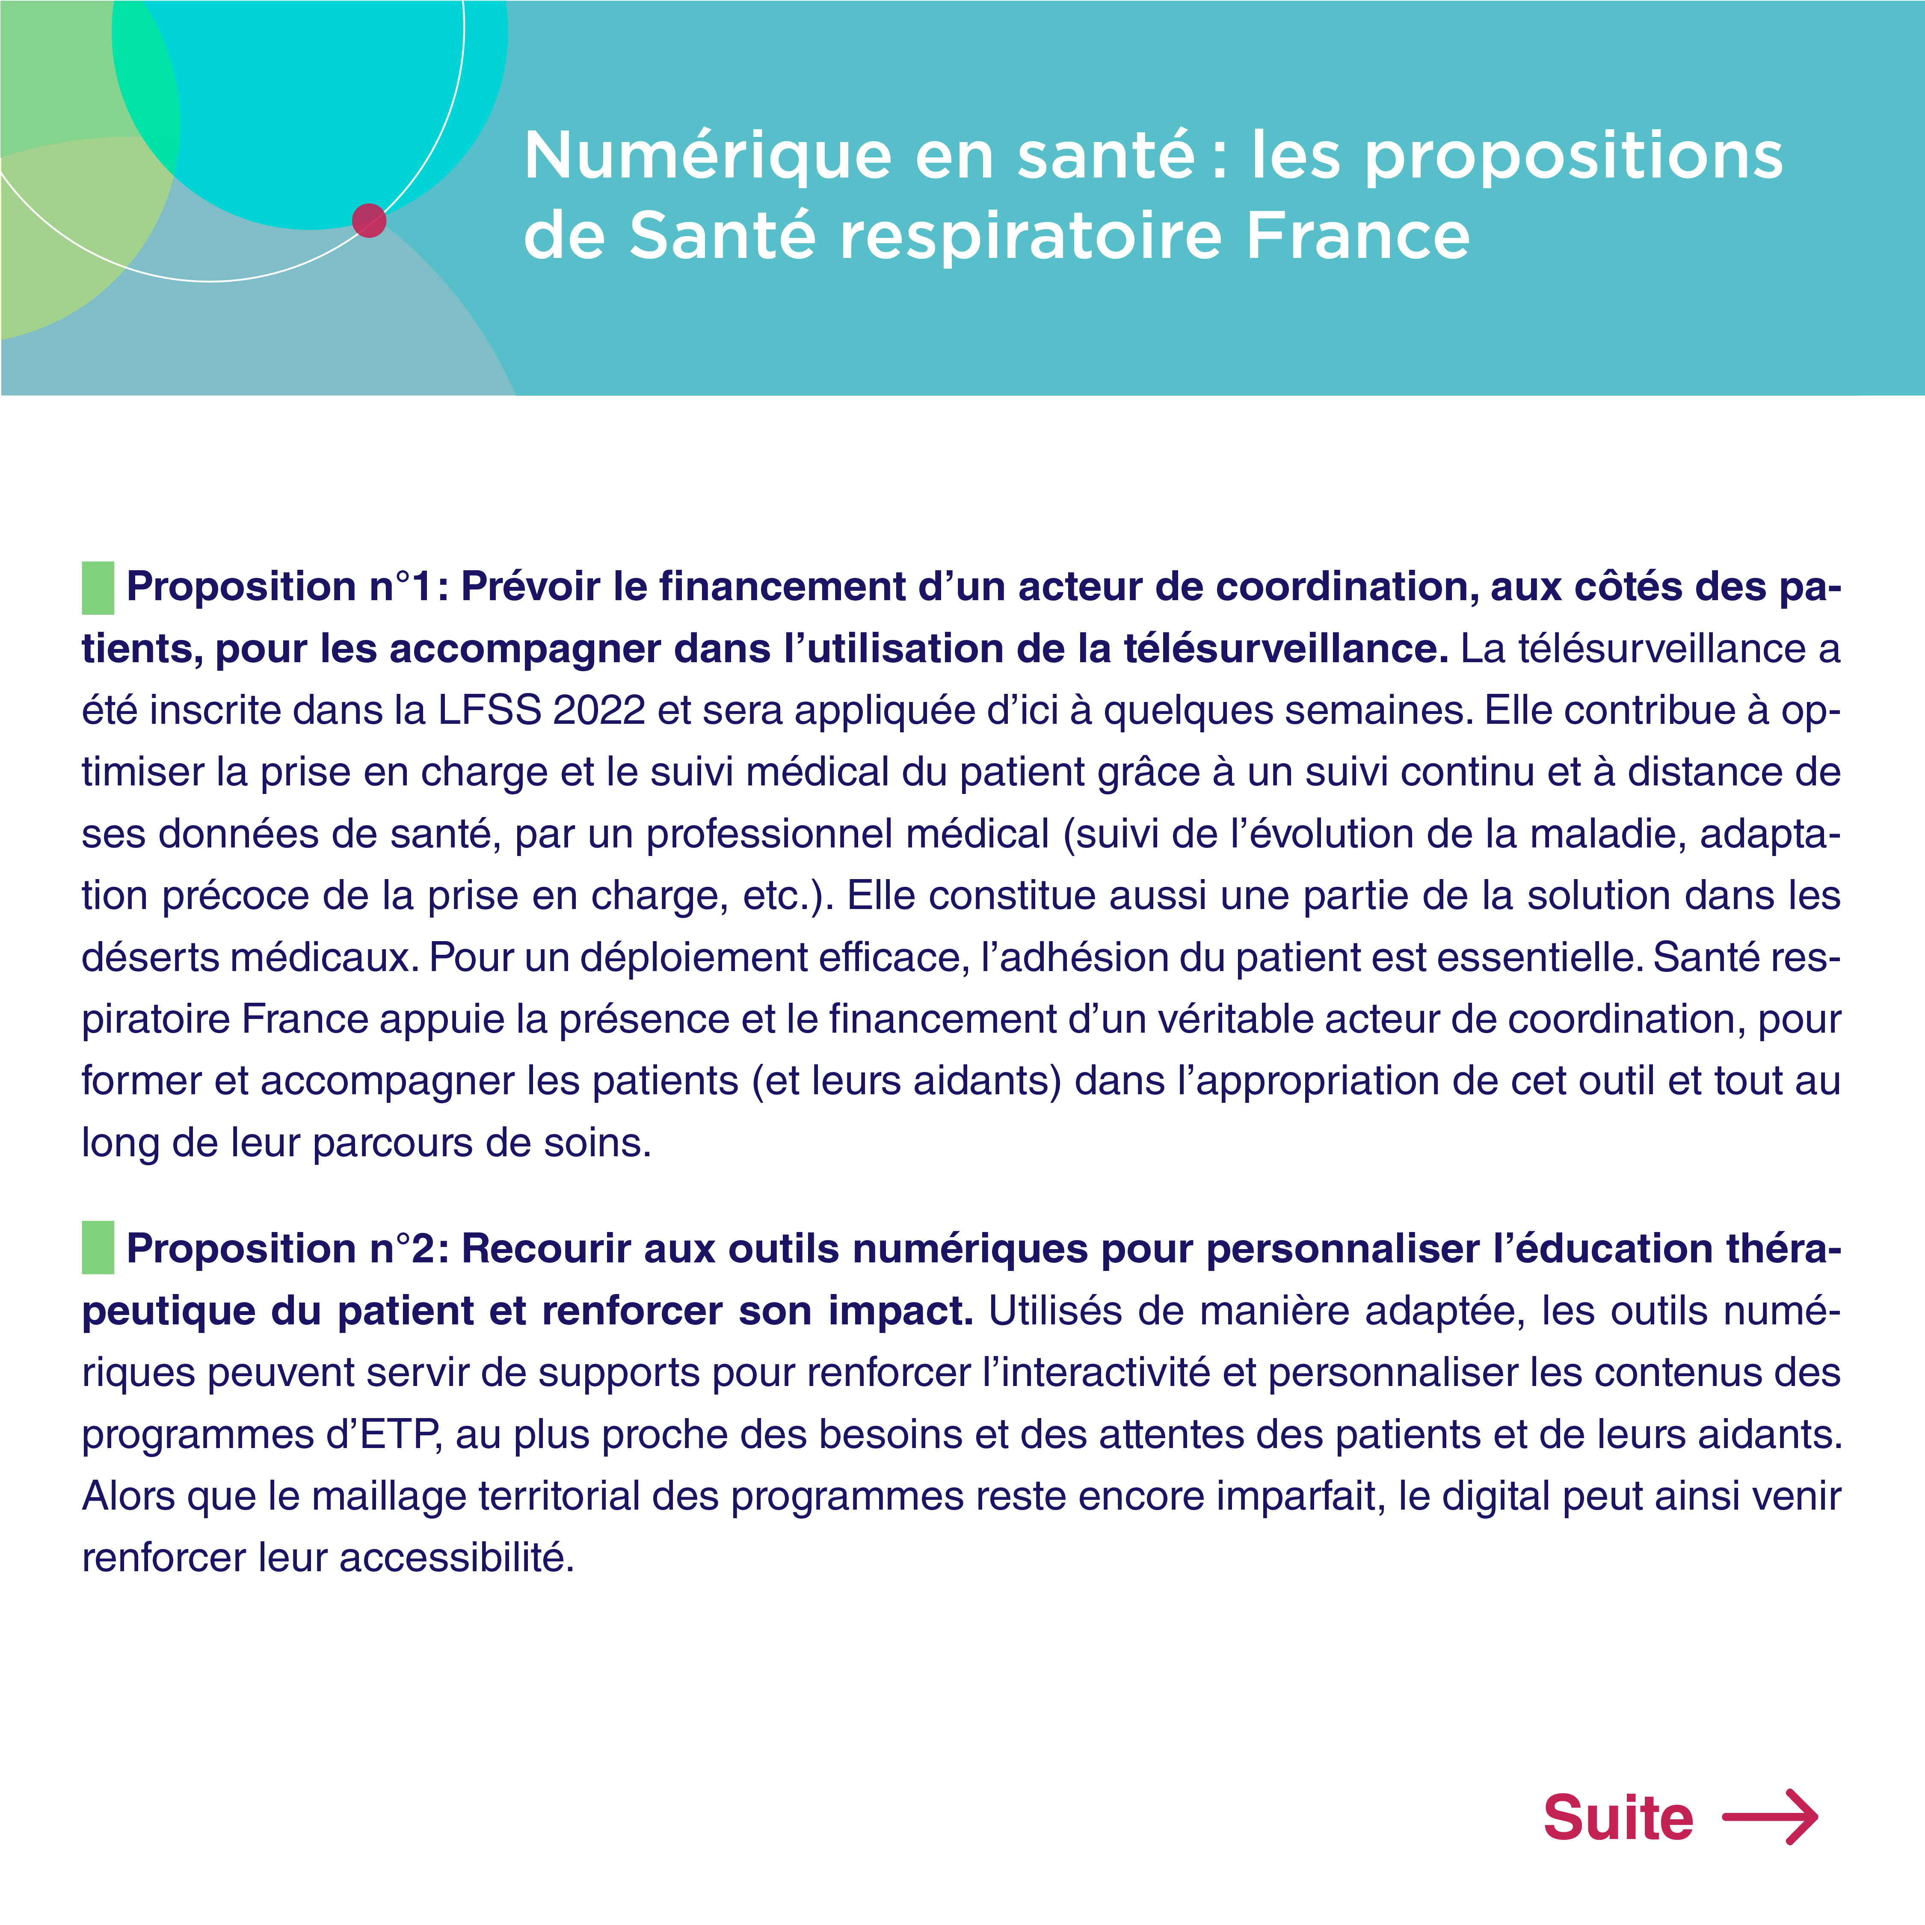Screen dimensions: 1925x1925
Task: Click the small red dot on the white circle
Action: coord(369,220)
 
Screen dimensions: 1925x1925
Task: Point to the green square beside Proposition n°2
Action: coord(98,1247)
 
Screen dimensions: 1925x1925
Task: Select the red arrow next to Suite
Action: coord(1770,1817)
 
